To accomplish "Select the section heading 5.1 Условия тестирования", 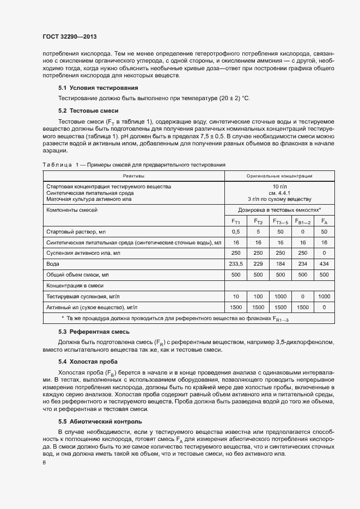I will pos(90,88).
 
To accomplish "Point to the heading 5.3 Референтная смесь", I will pos(90,332).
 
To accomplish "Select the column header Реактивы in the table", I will pos(133,176).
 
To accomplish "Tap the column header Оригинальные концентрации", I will pos(279,176).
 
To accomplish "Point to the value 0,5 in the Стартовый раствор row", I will pos(236,232).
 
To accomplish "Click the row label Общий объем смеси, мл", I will pos(78,274).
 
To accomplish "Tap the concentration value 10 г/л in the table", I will pos(279,186).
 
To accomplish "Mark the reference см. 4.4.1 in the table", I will pos(279,193).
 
